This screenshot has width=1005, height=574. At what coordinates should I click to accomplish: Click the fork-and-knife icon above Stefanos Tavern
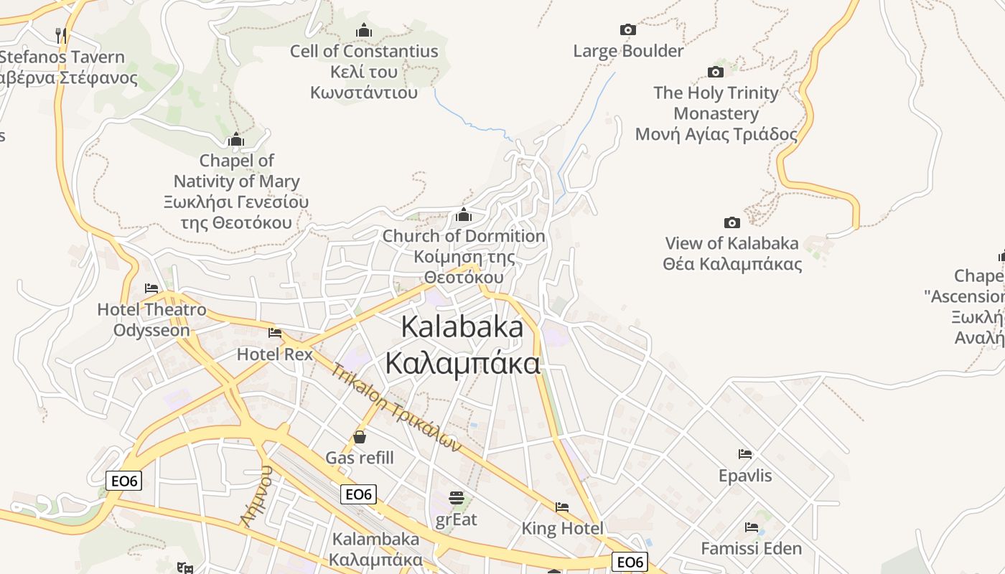pos(61,34)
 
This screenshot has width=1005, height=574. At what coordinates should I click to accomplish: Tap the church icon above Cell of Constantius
pos(364,30)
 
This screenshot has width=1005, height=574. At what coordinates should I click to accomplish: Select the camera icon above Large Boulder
pos(628,29)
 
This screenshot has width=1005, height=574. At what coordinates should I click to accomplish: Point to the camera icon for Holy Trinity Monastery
pos(716,72)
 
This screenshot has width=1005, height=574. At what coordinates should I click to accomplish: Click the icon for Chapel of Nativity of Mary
pos(236,139)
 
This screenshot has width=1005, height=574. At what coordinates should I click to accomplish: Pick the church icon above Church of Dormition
pos(464,215)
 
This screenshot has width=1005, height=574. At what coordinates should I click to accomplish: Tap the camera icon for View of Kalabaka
pos(732,222)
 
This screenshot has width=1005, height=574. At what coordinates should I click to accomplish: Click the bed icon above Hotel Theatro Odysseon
pos(151,288)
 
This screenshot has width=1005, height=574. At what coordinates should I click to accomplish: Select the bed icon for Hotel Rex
pos(275,333)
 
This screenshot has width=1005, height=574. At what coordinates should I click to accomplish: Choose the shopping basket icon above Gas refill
pos(360,436)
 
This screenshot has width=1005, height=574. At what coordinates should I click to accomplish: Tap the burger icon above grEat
pos(457,497)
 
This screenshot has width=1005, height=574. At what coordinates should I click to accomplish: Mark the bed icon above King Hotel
pos(562,507)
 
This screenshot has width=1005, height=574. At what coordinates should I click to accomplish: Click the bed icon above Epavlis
pos(745,454)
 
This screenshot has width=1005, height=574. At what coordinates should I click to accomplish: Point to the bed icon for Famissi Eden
pos(752,527)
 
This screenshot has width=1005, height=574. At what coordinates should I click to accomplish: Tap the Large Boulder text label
pos(628,51)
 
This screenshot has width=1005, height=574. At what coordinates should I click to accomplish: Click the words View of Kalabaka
pos(731,243)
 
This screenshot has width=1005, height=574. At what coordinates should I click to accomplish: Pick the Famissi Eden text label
pos(751,549)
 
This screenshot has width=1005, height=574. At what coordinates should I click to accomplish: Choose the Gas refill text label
pos(360,458)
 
